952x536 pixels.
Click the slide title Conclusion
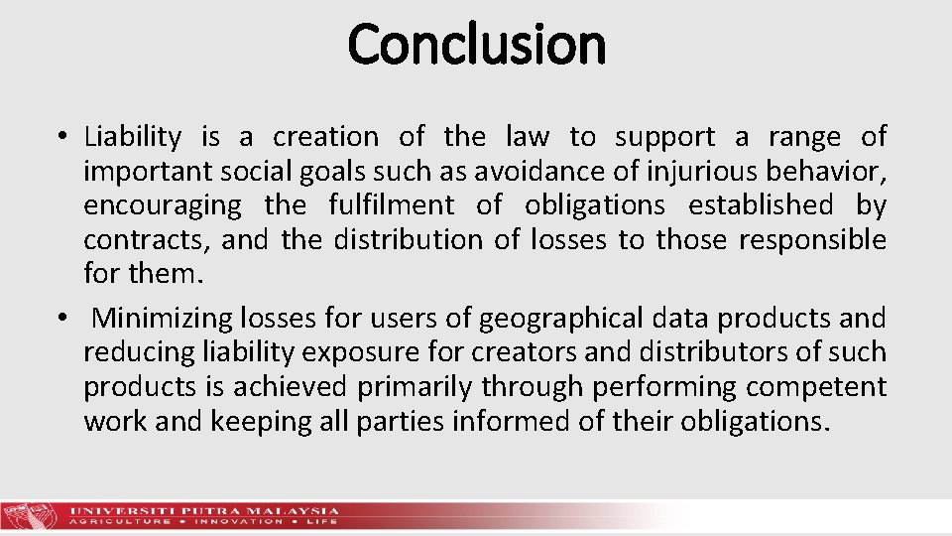coord(476,45)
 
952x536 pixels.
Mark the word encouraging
coord(162,205)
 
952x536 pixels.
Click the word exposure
coord(350,352)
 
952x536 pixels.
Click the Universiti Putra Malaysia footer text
coord(204,510)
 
